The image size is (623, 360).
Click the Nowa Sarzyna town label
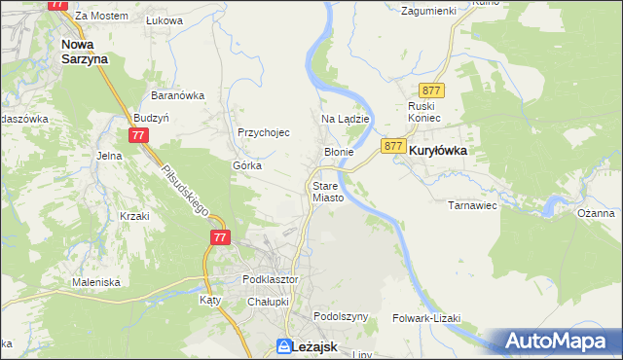(84, 51)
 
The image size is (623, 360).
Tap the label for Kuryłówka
(438, 152)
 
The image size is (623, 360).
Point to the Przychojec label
(264, 133)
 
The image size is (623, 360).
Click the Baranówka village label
(176, 95)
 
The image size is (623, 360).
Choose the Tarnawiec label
(472, 205)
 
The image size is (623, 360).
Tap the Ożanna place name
(595, 213)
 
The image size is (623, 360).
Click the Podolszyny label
(341, 317)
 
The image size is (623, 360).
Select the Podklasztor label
(270, 279)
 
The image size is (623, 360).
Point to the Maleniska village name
(95, 282)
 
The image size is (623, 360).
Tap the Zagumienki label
(428, 11)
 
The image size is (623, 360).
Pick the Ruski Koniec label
(424, 111)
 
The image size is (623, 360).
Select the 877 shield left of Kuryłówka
(393, 146)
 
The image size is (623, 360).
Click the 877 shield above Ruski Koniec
(433, 90)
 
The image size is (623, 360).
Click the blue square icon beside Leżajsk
(283, 345)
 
